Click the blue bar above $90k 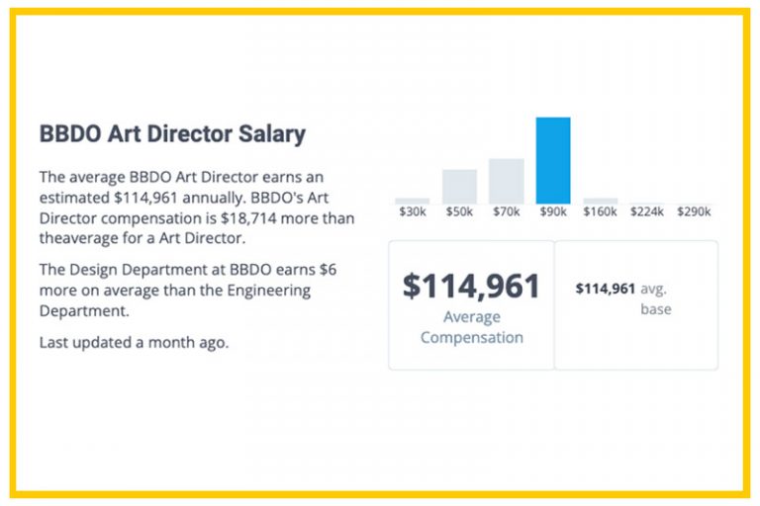[553, 160]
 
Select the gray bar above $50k [459, 186]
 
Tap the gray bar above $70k [506, 181]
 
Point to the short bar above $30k [412, 201]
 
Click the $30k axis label [412, 212]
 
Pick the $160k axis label [600, 212]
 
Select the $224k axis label [647, 212]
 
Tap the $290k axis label [695, 212]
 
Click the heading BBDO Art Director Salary [172, 134]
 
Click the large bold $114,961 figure [471, 286]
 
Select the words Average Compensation [471, 327]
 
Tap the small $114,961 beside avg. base [605, 289]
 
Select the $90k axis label [553, 212]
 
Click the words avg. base [655, 298]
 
